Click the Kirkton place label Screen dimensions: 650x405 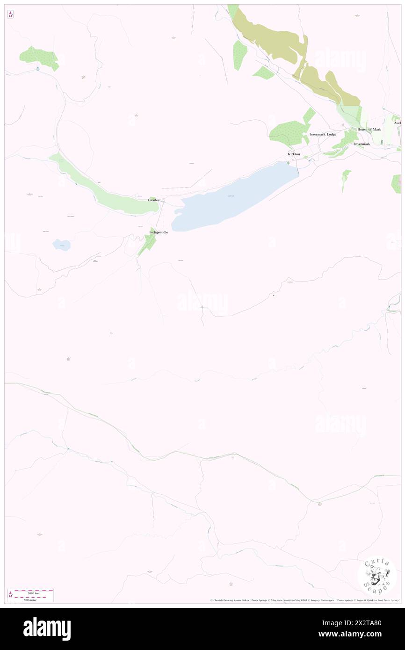pos(294,154)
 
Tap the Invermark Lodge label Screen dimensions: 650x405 pos(323,134)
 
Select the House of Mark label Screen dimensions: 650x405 pos(369,129)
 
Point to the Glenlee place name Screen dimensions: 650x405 pos(154,200)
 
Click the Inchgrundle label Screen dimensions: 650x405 pos(158,232)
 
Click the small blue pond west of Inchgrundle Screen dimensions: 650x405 pos(61,244)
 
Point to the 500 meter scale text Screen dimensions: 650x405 pos(31,599)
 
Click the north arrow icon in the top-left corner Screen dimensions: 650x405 pos(10,14)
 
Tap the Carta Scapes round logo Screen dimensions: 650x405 pos(377,575)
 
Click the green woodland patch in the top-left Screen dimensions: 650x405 pos(39,58)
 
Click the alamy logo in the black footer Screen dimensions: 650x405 pos(47,628)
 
